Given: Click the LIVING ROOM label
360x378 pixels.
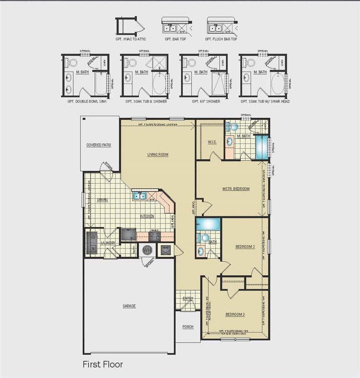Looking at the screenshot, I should pos(157,155).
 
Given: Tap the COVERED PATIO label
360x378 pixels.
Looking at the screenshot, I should pos(99,145).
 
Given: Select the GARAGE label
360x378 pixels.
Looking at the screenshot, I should pos(129,306).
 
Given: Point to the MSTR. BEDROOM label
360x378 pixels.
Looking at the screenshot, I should pos(236,189).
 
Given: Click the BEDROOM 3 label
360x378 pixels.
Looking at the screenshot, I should pos(245,247).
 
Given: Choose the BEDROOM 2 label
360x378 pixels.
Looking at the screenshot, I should pos(235,314).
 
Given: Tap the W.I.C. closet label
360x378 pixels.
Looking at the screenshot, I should pos(211,142).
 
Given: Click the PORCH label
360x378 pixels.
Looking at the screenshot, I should pos(188,327).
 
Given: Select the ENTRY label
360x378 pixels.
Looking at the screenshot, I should pos(188,298).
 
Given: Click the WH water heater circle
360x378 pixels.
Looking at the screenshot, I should pos(147,250).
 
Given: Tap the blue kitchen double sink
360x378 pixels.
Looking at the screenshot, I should pos(139,196).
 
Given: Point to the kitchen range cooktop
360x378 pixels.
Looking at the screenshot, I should pos(155,236).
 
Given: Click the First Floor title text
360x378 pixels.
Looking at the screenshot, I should pos(102,364).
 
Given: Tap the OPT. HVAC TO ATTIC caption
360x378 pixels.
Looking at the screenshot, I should pos(131,39).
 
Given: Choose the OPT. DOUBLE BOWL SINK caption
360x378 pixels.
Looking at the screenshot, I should pos(87,101).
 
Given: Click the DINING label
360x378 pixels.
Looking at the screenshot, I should pos(102,200).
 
